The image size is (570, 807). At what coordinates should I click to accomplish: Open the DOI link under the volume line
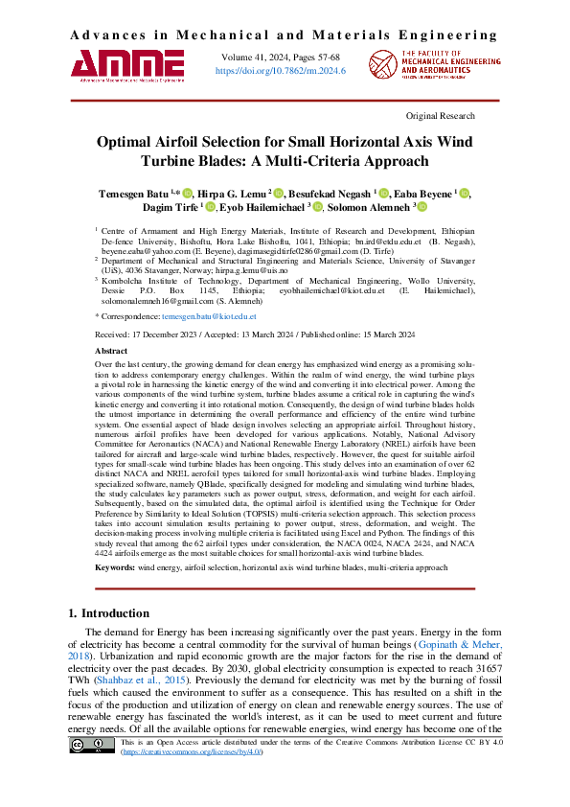pyautogui.click(x=281, y=71)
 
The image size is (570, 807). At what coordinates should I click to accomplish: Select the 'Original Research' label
pyautogui.click(x=441, y=116)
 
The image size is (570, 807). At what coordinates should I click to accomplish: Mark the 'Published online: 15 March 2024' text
pyautogui.click(x=374, y=334)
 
